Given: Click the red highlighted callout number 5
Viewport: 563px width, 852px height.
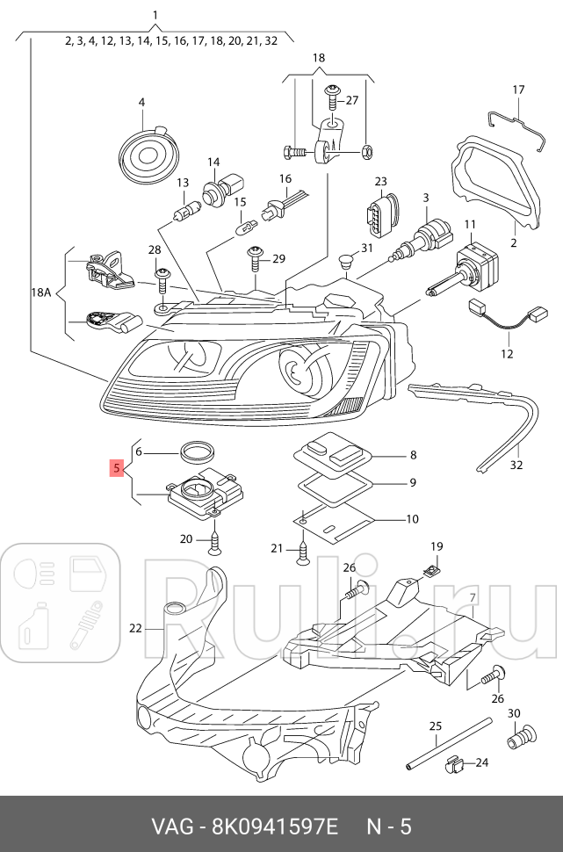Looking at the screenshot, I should [116, 468].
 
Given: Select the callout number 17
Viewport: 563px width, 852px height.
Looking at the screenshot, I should [517, 90].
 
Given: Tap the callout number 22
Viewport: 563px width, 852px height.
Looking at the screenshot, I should [134, 628].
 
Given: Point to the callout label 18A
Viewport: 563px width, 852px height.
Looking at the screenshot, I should [41, 291].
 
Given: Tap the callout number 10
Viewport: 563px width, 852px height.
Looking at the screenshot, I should [411, 518].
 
